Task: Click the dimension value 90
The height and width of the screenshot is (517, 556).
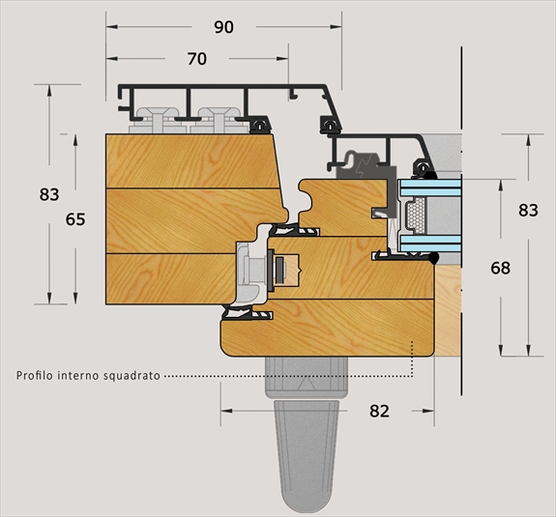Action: tap(223, 27)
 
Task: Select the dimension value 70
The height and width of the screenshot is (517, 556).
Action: tap(197, 59)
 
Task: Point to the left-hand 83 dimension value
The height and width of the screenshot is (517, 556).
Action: tap(49, 194)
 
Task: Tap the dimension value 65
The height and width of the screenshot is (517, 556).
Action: tap(75, 219)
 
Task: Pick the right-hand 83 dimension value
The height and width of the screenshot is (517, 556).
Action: tap(528, 210)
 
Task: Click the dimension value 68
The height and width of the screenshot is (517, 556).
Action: tap(500, 268)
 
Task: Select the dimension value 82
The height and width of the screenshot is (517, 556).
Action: tap(379, 411)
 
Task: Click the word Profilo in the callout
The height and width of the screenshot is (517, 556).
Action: tap(35, 375)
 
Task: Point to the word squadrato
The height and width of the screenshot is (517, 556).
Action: tap(132, 376)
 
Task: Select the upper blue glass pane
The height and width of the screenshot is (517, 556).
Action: tap(430, 188)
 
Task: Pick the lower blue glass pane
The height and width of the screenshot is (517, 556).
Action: tap(430, 244)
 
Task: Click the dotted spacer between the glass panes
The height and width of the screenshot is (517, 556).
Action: tap(416, 215)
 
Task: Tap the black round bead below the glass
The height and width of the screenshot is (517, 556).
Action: tap(433, 258)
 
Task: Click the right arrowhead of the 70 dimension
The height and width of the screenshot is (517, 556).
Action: tap(282, 59)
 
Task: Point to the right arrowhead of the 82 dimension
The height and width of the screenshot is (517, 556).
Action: tap(428, 411)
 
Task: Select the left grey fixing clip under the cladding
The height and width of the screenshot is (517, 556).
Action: tap(157, 120)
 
